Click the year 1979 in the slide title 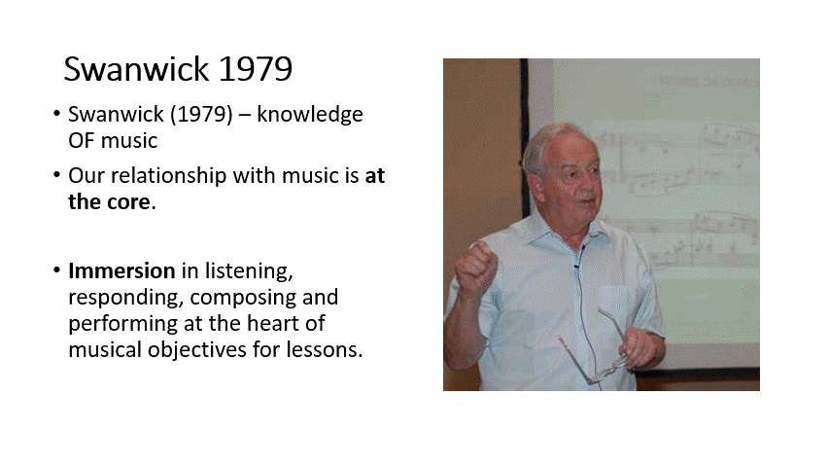(x=256, y=69)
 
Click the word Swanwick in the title (x=136, y=69)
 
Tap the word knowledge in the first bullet (x=310, y=115)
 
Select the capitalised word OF (x=81, y=141)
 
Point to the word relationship (x=169, y=176)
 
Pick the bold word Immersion (x=121, y=270)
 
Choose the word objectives (x=196, y=350)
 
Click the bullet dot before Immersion (x=57, y=270)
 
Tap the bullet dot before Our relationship (x=57, y=175)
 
